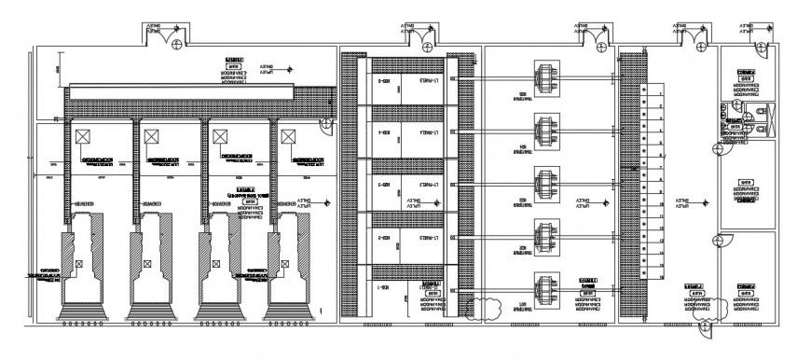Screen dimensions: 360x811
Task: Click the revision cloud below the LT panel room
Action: click(x=490, y=306)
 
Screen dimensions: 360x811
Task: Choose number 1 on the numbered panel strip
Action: click(x=660, y=91)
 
